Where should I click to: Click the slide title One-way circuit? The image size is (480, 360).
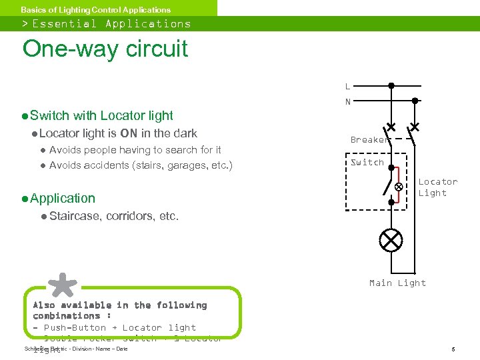[x=105, y=49]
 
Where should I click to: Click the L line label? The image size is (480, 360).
[x=347, y=86]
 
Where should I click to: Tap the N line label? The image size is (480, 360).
[x=347, y=102]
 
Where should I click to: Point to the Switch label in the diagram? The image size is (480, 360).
[x=367, y=162]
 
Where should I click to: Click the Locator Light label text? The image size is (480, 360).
[x=437, y=187]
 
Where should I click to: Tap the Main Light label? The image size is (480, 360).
[x=397, y=283]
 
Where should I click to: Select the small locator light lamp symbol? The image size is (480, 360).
[x=399, y=187]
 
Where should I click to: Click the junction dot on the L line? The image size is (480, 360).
[x=391, y=85]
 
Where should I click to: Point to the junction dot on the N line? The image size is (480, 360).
[x=415, y=101]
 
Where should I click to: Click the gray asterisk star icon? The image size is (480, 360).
[x=63, y=285]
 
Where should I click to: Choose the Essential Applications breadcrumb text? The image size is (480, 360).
[x=111, y=24]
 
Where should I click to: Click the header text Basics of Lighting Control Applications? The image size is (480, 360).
[x=95, y=9]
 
